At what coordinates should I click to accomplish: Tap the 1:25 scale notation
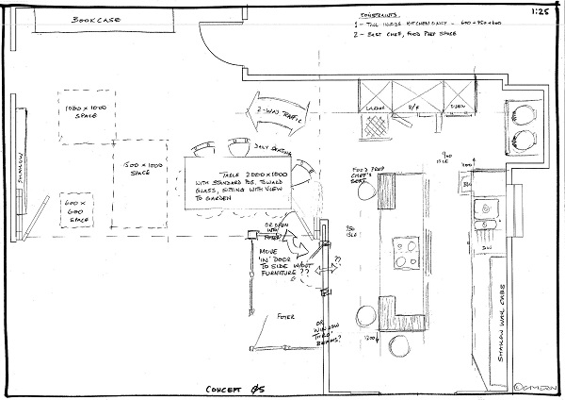coord(541,12)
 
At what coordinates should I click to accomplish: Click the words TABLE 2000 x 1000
coord(237,177)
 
